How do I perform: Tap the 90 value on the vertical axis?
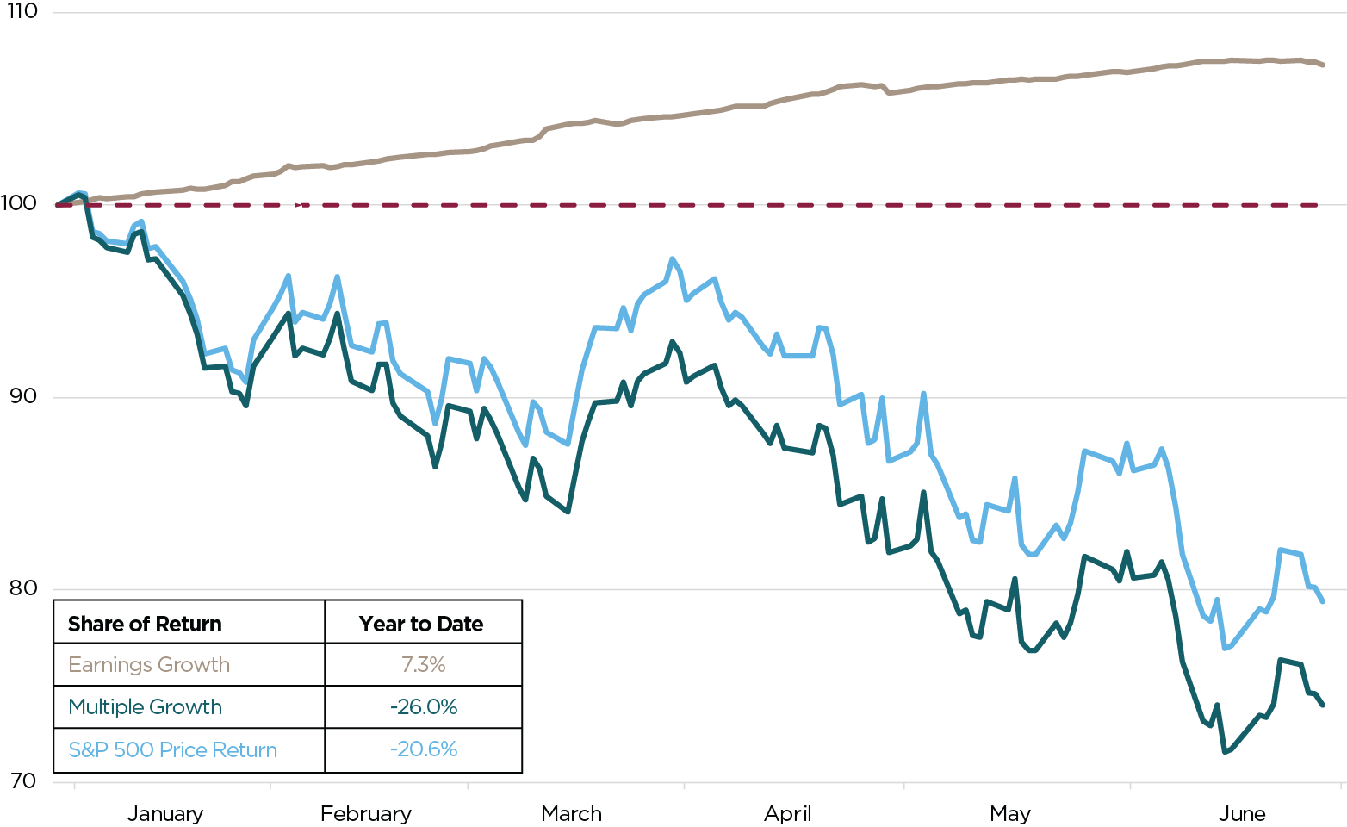pyautogui.click(x=21, y=396)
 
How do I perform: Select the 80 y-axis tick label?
pyautogui.click(x=21, y=588)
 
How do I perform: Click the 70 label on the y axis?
pyautogui.click(x=21, y=781)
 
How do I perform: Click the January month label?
pyautogui.click(x=165, y=813)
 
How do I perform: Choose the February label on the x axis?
pyautogui.click(x=365, y=813)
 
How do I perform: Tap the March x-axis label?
pyautogui.click(x=571, y=813)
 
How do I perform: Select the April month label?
pyautogui.click(x=787, y=813)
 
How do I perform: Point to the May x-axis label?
pyautogui.click(x=1009, y=813)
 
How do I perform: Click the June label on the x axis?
pyautogui.click(x=1242, y=813)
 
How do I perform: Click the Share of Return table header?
pyautogui.click(x=145, y=624)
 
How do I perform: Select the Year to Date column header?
pyautogui.click(x=421, y=624)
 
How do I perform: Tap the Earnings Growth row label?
pyautogui.click(x=149, y=664)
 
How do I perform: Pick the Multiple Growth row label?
pyautogui.click(x=145, y=706)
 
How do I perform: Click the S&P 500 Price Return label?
pyautogui.click(x=172, y=749)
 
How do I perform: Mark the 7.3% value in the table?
pyautogui.click(x=423, y=664)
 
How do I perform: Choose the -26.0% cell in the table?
pyautogui.click(x=423, y=706)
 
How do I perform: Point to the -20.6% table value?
pyautogui.click(x=423, y=749)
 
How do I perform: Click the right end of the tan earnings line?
pyautogui.click(x=1322, y=65)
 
